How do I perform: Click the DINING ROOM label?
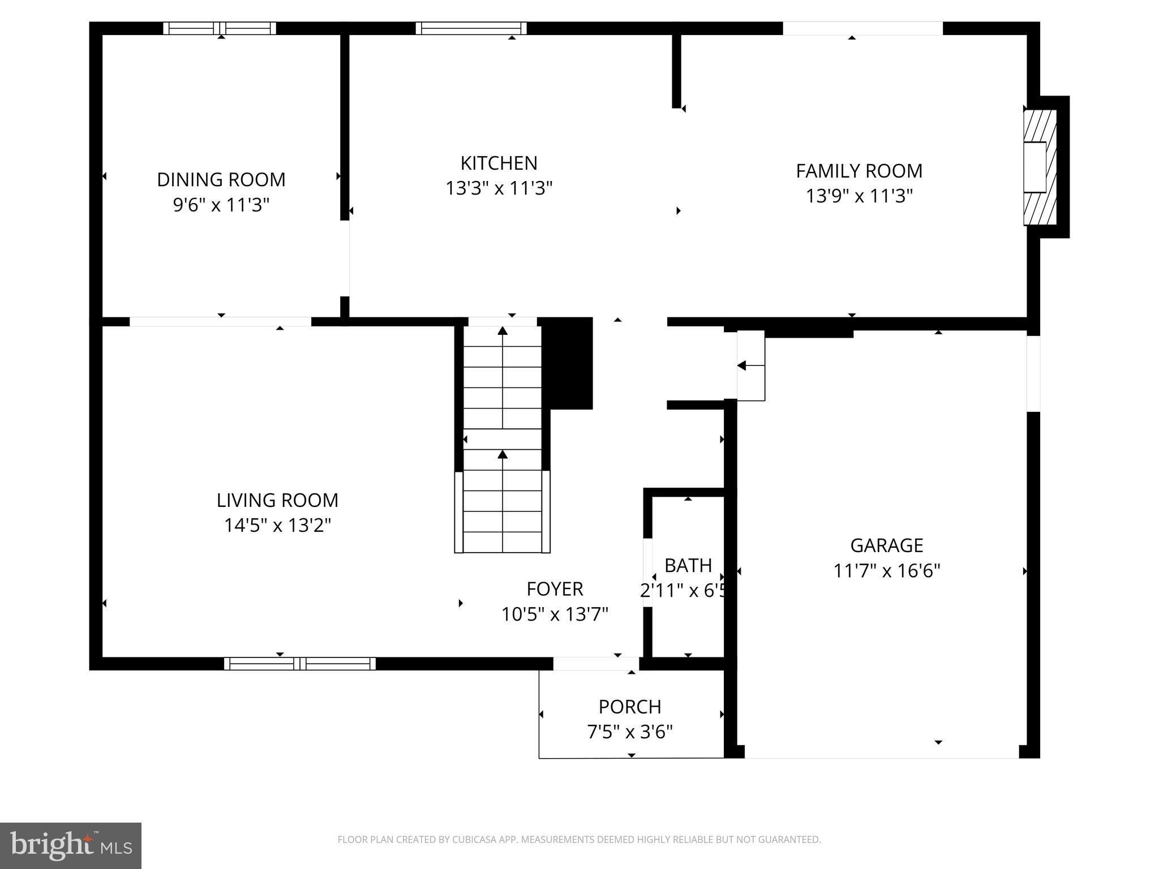pyautogui.click(x=221, y=179)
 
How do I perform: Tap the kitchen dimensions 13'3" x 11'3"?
pyautogui.click(x=499, y=188)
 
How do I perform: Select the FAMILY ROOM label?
pyautogui.click(x=858, y=171)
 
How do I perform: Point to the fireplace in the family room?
pyautogui.click(x=1040, y=167)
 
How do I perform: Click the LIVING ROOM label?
pyautogui.click(x=277, y=500)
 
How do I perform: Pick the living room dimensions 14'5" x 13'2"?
pyautogui.click(x=277, y=526)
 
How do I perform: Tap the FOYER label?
pyautogui.click(x=555, y=589)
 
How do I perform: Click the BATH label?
pyautogui.click(x=688, y=565)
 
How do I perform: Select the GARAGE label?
pyautogui.click(x=886, y=545)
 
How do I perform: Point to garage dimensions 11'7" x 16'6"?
pyautogui.click(x=886, y=571)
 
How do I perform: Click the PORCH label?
pyautogui.click(x=630, y=707)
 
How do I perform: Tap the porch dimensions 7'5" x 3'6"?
pyautogui.click(x=630, y=732)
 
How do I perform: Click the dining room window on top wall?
pyautogui.click(x=220, y=28)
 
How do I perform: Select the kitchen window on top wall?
pyautogui.click(x=471, y=28)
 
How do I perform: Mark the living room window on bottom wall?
pyautogui.click(x=299, y=664)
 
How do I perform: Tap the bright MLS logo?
pyautogui.click(x=70, y=845)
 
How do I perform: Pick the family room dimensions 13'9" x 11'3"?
pyautogui.click(x=858, y=196)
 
